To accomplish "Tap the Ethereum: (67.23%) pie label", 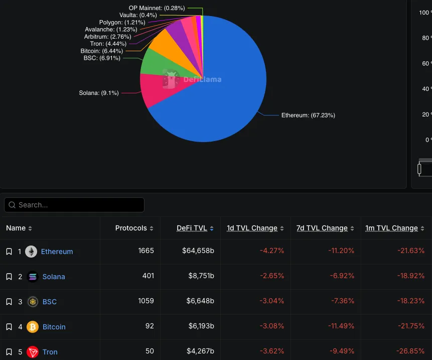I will [x=308, y=115].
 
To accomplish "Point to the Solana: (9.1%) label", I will [x=99, y=93].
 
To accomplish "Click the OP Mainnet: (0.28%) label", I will [x=157, y=8].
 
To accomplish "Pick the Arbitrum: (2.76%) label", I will [x=107, y=37].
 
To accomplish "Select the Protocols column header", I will [x=131, y=228].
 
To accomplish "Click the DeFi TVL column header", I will [x=192, y=228].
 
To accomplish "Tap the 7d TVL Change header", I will [x=322, y=228].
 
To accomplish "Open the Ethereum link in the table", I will [x=57, y=252].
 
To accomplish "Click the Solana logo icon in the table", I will [x=33, y=277].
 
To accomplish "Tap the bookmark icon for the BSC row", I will [x=9, y=302].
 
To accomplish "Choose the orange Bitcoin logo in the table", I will [x=33, y=327].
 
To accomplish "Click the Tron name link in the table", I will [x=50, y=352].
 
